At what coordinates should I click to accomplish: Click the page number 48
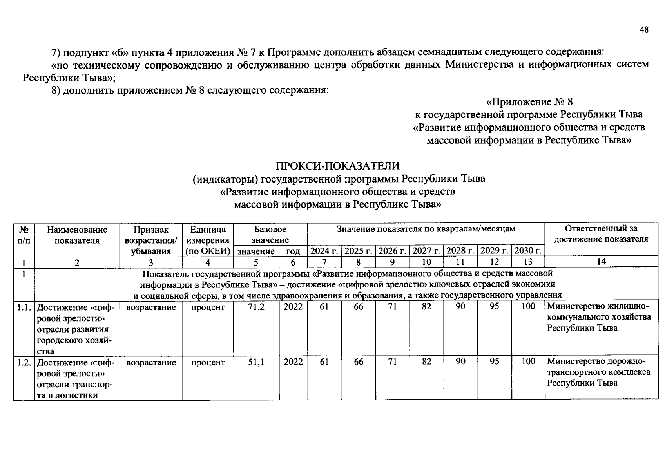[644, 30]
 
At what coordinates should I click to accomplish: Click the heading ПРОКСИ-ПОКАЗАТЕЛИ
[337, 166]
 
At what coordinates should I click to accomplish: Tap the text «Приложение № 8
[529, 102]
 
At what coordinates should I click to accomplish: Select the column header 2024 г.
[324, 251]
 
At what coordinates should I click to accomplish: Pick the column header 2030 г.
[528, 251]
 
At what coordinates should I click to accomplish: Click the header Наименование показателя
[77, 235]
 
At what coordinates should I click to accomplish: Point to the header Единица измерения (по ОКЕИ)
[208, 240]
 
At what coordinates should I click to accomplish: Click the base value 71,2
[256, 307]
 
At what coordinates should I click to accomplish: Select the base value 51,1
[256, 362]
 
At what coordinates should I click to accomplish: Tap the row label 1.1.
[24, 307]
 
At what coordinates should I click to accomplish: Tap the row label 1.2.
[24, 363]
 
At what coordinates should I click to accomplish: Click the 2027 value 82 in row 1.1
[426, 307]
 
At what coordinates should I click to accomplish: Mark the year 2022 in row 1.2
[293, 362]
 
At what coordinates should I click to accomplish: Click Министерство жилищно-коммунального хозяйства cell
[599, 317]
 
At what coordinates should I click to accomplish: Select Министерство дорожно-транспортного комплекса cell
[599, 372]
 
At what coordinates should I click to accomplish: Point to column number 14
[601, 262]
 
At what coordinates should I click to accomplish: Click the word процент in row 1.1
[208, 307]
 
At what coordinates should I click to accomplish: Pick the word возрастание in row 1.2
[151, 363]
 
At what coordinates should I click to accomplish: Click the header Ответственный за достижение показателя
[601, 234]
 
